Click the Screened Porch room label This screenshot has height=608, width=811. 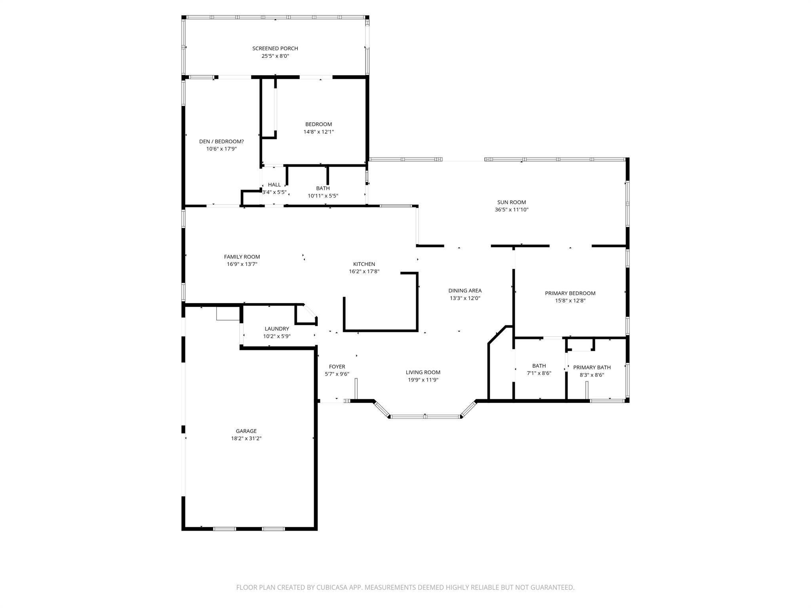(275, 48)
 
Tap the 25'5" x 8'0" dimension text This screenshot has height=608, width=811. (275, 56)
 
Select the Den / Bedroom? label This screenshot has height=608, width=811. (221, 141)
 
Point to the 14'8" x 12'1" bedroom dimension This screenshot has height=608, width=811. (318, 132)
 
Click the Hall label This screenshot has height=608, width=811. (274, 184)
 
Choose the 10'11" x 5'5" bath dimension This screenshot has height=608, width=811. (323, 196)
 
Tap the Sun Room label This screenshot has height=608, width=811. (512, 202)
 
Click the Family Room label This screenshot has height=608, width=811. (242, 257)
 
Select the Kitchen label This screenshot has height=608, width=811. (364, 264)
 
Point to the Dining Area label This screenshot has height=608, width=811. (465, 291)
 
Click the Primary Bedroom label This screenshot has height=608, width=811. (570, 293)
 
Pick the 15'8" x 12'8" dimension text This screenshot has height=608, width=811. (570, 301)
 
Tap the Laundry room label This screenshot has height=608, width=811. (277, 329)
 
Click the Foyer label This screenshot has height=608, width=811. (337, 367)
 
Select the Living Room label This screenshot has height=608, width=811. (423, 372)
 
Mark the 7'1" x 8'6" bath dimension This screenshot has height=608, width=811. (539, 373)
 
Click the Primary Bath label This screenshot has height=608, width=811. (592, 367)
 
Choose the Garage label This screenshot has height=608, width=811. (246, 431)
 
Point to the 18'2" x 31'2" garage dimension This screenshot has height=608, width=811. (246, 439)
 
